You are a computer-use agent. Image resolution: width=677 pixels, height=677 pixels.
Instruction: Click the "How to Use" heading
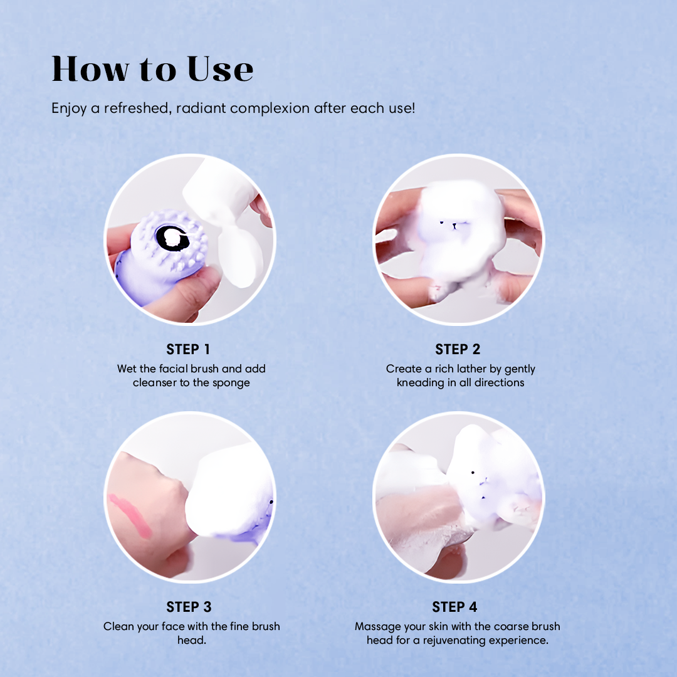coord(152,69)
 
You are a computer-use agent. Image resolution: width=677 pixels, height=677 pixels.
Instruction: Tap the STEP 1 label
coord(188,349)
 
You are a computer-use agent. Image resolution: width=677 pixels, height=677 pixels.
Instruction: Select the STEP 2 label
coord(458,349)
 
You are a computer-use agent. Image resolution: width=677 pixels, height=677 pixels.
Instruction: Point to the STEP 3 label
coord(188,607)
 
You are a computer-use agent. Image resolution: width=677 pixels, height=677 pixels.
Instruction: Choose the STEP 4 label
coord(454,607)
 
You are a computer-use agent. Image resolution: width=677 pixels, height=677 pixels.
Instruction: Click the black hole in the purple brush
coord(172,238)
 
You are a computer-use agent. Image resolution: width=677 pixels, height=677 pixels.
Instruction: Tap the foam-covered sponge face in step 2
coord(451,226)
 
